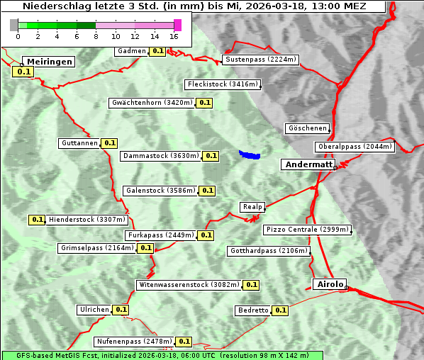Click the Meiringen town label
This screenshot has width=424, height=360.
(48, 62)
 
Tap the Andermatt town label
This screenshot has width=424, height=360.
(308, 164)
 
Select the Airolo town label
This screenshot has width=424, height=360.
(329, 284)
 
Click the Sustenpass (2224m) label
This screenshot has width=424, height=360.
(261, 60)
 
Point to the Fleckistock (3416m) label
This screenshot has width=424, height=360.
(222, 85)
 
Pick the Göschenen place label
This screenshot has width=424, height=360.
(308, 128)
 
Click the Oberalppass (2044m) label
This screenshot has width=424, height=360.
(355, 147)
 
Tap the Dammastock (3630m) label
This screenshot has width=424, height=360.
(160, 156)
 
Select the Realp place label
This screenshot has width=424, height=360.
(252, 207)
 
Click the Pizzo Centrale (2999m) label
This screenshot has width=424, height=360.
(307, 230)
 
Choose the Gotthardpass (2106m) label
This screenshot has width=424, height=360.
(269, 251)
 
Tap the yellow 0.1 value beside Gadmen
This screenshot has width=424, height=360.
(157, 51)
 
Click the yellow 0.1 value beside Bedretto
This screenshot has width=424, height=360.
(280, 310)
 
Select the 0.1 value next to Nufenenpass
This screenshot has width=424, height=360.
(184, 342)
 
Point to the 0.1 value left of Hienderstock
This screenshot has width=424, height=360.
(37, 220)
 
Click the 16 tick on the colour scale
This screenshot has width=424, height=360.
(174, 36)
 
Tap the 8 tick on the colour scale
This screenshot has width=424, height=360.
(96, 36)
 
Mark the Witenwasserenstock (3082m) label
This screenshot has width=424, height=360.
(189, 285)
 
